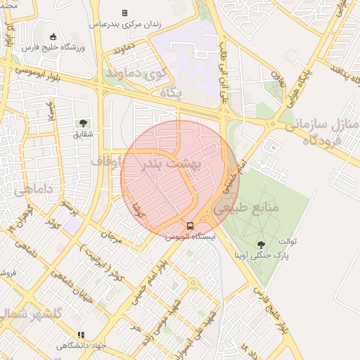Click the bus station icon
190,226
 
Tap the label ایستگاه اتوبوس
191,237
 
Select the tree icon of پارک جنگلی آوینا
262,245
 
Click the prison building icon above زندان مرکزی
124,13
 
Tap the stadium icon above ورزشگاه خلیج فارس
53,37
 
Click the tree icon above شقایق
84,123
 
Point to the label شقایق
84,134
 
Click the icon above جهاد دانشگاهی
82,335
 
